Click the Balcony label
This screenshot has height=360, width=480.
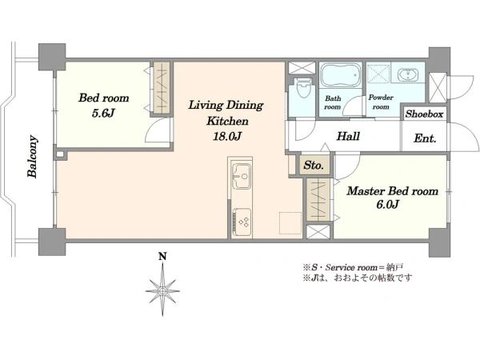tap(33, 156)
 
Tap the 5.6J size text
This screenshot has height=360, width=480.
tap(103, 114)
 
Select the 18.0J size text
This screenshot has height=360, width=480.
tap(227, 137)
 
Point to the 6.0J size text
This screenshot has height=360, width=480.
tap(387, 204)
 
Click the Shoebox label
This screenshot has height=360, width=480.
tap(424, 114)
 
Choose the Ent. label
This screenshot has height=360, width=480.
tap(425, 138)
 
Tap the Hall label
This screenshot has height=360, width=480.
tap(348, 136)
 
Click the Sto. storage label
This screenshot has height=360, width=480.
tap(314, 166)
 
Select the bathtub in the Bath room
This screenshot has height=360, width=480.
tap(340, 75)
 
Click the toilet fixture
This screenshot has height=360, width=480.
tap(303, 87)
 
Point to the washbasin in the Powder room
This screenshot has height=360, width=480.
tap(407, 74)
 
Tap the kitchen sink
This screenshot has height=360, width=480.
tap(242, 176)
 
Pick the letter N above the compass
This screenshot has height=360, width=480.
tap(162, 256)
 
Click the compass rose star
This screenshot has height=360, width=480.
tap(162, 290)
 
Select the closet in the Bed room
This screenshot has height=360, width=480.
tap(162, 89)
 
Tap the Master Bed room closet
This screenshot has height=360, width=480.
tap(318, 200)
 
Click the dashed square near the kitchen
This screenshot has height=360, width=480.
tap(290, 223)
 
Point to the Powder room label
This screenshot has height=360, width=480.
tap(381, 102)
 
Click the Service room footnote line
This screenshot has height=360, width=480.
tap(353, 267)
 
